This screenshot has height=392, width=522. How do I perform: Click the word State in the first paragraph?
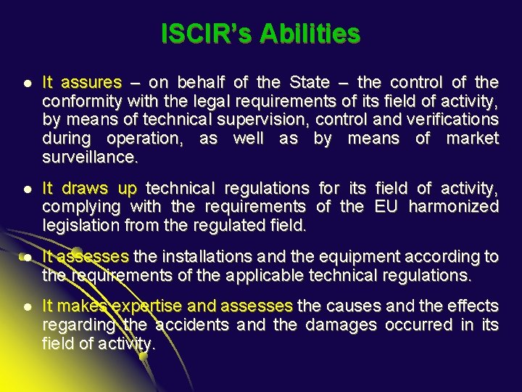tap(309, 82)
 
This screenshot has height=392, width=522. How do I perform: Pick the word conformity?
tap(78, 101)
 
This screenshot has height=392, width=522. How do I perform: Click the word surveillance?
tap(89, 157)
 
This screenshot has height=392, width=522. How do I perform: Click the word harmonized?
tap(453, 207)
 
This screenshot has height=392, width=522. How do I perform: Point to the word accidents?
tap(192, 324)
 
